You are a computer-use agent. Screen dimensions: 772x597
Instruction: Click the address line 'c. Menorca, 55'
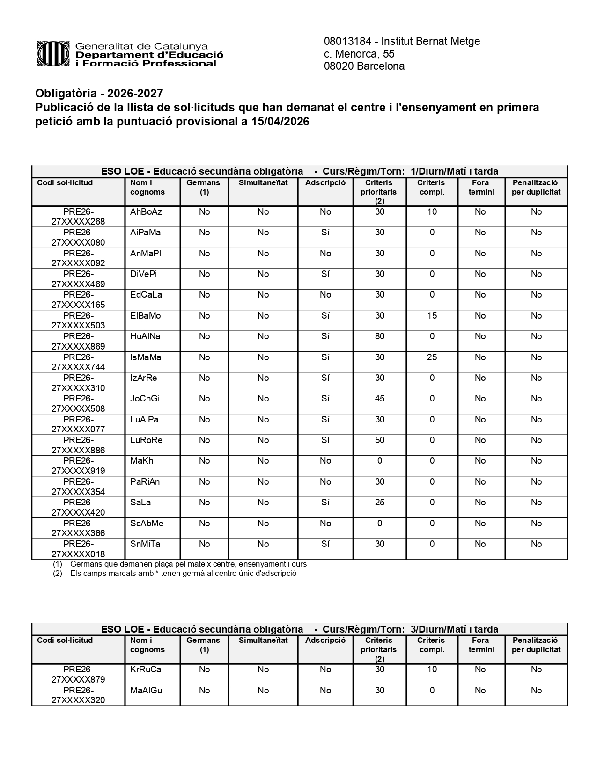point(359,54)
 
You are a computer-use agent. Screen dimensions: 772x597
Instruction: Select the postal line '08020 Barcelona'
point(364,66)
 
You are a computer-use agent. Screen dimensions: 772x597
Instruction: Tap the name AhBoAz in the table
point(146,212)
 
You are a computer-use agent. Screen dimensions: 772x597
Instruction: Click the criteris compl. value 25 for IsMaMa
point(432,357)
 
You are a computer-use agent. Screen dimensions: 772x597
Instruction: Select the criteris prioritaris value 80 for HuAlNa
point(379,336)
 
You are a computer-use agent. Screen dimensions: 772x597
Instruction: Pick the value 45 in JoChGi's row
point(379,399)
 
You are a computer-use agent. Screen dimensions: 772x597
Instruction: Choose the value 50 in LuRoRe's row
point(379,440)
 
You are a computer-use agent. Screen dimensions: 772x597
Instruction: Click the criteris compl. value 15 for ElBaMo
point(432,316)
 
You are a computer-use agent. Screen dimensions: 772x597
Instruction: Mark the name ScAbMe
point(147,524)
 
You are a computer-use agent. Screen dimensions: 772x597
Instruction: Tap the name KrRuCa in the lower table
point(146,670)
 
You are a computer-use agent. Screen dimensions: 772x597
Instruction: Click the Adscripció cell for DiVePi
point(325,274)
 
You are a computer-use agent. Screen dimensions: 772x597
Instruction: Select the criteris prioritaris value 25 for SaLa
point(379,503)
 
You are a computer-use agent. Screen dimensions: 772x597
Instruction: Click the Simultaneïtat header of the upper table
point(263,183)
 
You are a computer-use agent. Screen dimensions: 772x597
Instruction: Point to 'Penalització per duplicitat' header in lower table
point(536,645)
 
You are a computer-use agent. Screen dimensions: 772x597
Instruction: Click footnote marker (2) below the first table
point(58,573)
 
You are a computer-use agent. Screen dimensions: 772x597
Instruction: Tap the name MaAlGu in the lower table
point(146,691)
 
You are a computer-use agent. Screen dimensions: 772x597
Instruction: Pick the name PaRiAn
point(145,482)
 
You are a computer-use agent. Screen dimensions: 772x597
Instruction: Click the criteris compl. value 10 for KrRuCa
point(432,670)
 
